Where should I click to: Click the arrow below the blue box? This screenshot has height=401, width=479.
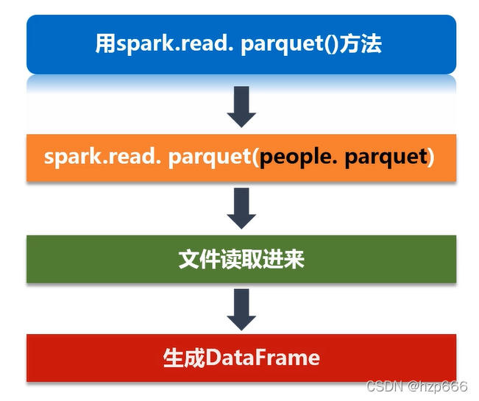(241, 106)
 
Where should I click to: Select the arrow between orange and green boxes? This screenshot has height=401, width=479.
(241, 208)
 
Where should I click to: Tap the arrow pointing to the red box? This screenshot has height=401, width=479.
(241, 309)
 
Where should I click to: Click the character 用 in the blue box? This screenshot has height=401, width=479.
(106, 43)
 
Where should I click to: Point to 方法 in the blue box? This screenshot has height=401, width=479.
(361, 43)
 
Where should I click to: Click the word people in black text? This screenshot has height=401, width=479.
(297, 157)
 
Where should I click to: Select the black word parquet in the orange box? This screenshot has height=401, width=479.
(386, 158)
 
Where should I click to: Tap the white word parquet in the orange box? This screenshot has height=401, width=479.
(210, 158)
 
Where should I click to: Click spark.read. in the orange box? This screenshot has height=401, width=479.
(102, 157)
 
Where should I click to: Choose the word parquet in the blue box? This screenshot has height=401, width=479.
(282, 45)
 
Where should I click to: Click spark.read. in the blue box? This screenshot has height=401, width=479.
(174, 43)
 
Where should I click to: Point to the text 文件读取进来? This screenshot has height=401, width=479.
(241, 259)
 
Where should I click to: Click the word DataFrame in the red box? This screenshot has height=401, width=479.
(263, 358)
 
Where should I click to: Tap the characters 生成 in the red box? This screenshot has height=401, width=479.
(184, 358)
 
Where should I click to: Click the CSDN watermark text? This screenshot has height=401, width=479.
(385, 386)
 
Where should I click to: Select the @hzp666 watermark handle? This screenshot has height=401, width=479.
(438, 386)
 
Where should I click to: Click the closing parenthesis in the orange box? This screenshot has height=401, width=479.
(431, 157)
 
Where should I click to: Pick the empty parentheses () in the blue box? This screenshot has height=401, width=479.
(331, 44)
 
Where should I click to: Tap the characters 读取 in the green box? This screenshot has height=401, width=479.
(241, 259)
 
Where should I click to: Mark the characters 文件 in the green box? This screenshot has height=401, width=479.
(199, 259)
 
